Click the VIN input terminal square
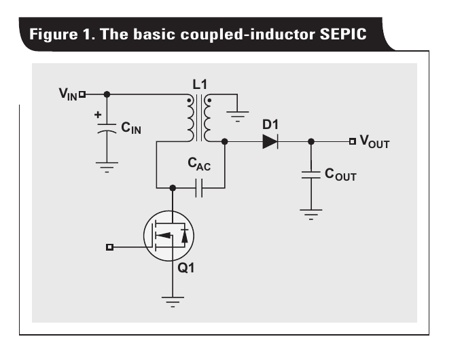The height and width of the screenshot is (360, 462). click(x=82, y=94)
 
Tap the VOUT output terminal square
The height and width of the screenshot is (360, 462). click(x=352, y=141)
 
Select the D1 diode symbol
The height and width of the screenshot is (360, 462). click(x=270, y=141)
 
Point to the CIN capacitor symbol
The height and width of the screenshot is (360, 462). click(x=107, y=128)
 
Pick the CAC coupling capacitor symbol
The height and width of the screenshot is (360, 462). click(x=199, y=187)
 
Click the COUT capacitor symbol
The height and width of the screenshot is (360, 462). click(x=310, y=174)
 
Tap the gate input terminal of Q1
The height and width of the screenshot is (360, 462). click(x=109, y=247)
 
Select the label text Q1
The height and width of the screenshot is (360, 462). click(x=185, y=268)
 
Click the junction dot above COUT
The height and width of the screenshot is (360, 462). click(x=310, y=141)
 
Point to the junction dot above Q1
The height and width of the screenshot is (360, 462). click(x=173, y=187)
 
